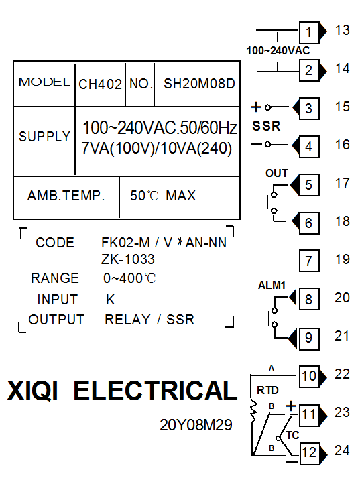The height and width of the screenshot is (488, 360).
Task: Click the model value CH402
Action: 100,84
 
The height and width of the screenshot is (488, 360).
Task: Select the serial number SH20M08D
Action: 199,84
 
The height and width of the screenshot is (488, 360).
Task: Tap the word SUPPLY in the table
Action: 44,137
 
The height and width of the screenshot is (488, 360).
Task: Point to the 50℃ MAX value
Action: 163,196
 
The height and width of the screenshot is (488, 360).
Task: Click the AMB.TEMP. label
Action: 66,196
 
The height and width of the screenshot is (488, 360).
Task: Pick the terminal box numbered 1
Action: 309,32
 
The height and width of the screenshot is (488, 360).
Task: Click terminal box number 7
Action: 309,261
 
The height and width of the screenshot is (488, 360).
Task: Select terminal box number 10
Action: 309,377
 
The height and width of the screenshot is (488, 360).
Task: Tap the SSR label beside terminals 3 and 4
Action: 266,126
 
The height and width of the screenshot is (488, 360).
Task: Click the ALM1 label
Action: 272,285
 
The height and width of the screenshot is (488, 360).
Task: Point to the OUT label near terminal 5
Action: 276,173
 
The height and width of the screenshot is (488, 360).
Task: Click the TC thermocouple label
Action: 292,435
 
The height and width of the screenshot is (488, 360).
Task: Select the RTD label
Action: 267,390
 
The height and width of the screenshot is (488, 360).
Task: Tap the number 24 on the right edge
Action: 342,450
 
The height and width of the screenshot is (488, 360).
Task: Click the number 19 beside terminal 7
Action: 343,259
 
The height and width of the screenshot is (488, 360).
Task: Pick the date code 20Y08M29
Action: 196,425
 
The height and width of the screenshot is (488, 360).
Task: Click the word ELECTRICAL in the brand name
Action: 156,391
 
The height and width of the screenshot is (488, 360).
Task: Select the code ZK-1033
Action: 128,259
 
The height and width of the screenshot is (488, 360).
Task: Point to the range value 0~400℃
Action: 129,278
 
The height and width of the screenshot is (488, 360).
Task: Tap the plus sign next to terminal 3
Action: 256,107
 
